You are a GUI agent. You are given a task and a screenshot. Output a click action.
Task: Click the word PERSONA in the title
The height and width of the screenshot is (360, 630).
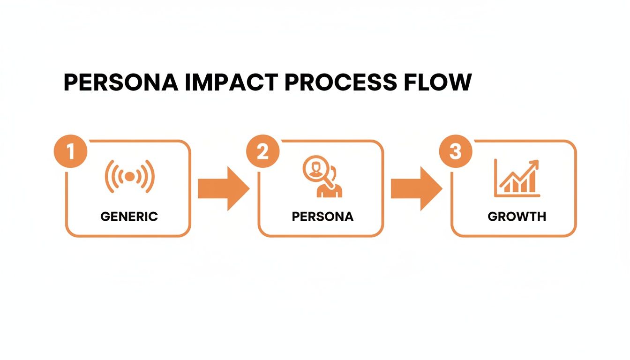pyautogui.click(x=121, y=82)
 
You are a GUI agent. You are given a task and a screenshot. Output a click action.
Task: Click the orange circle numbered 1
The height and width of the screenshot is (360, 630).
pyautogui.click(x=70, y=152)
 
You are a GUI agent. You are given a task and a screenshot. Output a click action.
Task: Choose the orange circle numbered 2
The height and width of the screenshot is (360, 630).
pyautogui.click(x=263, y=152)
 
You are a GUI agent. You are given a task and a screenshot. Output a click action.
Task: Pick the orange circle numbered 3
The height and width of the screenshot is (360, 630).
pyautogui.click(x=455, y=152)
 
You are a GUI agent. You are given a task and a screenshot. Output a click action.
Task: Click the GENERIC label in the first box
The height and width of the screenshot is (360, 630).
pyautogui.click(x=129, y=217)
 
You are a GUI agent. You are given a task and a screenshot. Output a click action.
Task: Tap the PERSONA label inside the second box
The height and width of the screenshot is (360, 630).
pyautogui.click(x=322, y=217)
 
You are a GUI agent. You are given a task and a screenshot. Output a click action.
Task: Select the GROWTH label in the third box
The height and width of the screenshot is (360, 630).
pyautogui.click(x=517, y=217)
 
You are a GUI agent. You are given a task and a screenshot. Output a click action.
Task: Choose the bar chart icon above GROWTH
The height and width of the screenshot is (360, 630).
pyautogui.click(x=517, y=178)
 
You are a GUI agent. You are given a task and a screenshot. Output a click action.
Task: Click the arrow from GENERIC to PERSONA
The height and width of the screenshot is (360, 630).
pyautogui.click(x=223, y=188)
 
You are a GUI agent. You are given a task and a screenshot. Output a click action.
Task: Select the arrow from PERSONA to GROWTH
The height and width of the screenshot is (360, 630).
pyautogui.click(x=416, y=188)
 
